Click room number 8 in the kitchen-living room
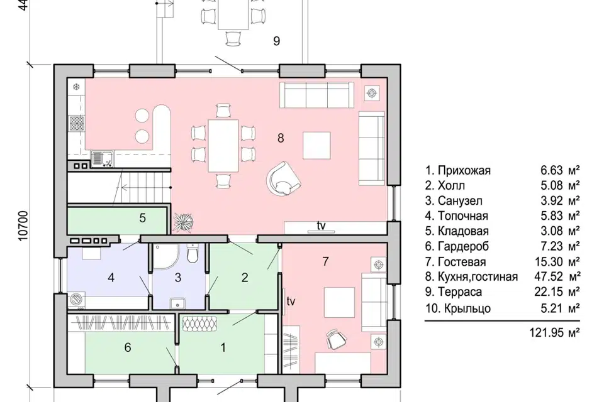(281, 138)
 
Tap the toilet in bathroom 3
(192, 253)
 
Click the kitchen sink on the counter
(103, 160)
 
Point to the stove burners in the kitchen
(76, 124)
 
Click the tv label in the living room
(321, 226)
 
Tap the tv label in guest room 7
(291, 301)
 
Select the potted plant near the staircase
(182, 223)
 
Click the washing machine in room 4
(77, 300)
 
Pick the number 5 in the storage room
(143, 218)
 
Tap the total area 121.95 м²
(555, 332)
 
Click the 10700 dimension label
(24, 226)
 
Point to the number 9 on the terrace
(276, 41)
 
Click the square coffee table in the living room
(316, 146)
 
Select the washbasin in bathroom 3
(177, 302)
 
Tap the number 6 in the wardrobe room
(128, 347)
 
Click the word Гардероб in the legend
(463, 246)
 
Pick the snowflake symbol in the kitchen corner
(76, 86)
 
